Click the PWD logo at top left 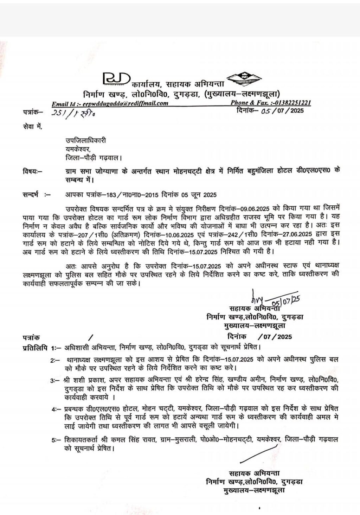pyautogui.click(x=116, y=79)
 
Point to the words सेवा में pyautogui.click(x=32, y=127)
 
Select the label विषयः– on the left pyautogui.click(x=32, y=172)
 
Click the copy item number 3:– pyautogui.click(x=54, y=380)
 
